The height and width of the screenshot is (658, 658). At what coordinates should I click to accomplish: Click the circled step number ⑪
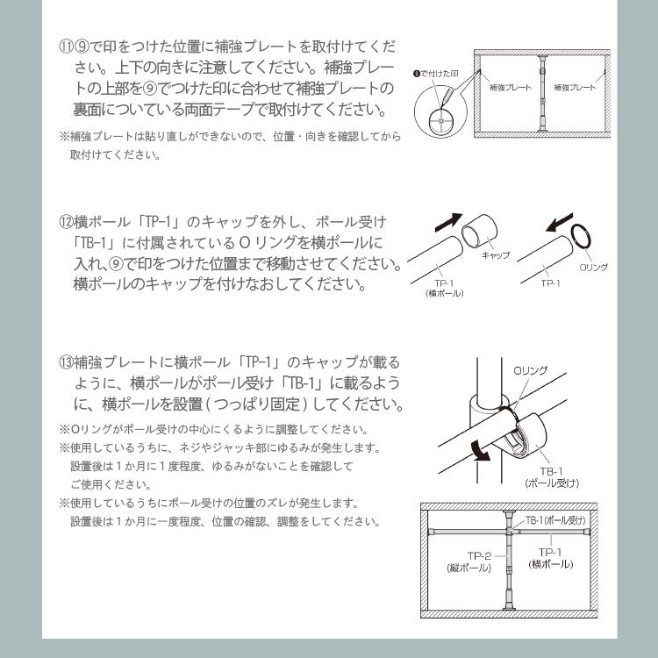point(66,45)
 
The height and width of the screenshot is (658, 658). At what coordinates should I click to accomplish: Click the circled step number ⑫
point(66,218)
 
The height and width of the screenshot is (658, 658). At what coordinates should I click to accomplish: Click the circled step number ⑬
point(66,361)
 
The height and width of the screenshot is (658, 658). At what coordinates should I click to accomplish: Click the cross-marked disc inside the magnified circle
point(440,116)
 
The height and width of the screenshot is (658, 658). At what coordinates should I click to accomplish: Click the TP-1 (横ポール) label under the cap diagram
point(446,289)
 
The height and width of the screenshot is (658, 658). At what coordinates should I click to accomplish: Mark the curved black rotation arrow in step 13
point(479,447)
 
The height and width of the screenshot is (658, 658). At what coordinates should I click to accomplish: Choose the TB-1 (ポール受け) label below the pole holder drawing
point(552,476)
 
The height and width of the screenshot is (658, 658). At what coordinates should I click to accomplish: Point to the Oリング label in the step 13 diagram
point(530,370)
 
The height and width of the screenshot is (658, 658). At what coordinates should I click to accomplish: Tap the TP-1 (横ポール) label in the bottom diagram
point(551,557)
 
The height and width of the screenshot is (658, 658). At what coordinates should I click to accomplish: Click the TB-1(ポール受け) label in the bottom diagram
point(554,521)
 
